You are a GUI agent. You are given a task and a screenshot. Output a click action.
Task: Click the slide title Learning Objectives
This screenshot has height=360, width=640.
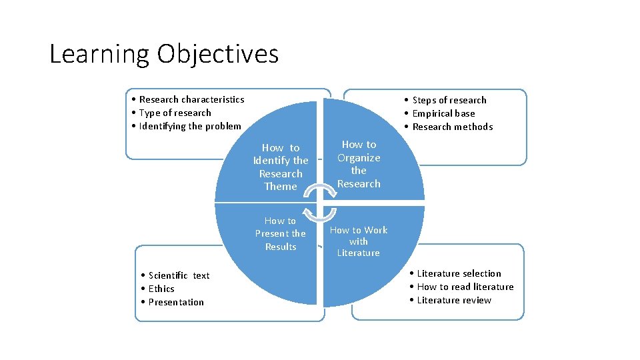point(164,54)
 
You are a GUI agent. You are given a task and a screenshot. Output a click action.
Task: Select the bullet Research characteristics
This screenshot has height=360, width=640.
point(191,99)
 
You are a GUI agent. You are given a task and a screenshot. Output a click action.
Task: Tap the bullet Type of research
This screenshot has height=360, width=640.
point(175,113)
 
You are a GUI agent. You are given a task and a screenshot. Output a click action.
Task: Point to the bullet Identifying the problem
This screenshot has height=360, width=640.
point(190,126)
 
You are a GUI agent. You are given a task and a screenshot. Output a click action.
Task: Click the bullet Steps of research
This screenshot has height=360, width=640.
point(449,100)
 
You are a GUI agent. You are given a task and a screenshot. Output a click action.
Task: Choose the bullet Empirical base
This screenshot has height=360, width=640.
point(443,113)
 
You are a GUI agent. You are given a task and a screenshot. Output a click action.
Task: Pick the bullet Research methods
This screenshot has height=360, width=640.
point(452,127)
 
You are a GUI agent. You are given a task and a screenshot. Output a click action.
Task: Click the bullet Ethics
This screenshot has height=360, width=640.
point(161,289)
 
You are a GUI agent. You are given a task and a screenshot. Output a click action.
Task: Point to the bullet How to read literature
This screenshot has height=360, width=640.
point(465,287)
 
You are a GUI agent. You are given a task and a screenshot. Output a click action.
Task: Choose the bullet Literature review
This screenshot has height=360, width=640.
point(453,300)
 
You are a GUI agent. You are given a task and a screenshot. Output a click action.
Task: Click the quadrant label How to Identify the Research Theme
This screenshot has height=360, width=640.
point(281,167)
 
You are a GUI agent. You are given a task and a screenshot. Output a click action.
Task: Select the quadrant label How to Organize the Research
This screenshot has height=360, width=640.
point(359,164)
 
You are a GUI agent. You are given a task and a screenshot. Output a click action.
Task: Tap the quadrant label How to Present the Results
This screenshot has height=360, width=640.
point(280,233)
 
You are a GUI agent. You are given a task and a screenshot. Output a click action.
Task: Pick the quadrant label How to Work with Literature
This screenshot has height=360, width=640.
point(358,241)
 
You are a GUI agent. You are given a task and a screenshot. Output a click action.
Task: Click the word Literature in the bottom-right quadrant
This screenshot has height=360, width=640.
point(358,253)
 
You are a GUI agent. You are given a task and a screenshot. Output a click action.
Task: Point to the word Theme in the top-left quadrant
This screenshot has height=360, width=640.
point(281,187)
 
